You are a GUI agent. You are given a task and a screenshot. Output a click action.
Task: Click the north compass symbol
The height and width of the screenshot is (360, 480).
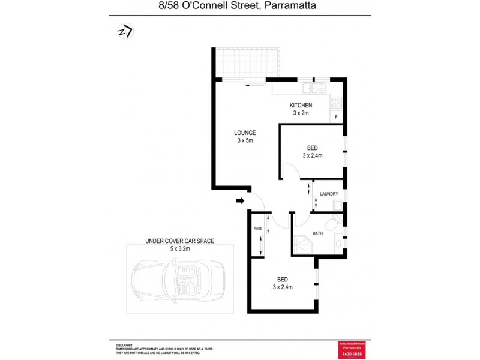(x=124, y=31)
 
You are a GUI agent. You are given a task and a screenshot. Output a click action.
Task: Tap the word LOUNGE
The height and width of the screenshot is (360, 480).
(x=245, y=133)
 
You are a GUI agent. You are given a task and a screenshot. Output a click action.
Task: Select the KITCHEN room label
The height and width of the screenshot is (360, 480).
(x=301, y=106)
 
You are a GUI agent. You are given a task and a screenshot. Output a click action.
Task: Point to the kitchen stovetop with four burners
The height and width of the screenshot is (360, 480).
(x=336, y=102)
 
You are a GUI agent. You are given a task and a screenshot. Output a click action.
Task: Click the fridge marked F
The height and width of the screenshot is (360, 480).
(x=336, y=117)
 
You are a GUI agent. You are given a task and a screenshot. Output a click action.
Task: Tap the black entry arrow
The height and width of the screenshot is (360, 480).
(x=240, y=201)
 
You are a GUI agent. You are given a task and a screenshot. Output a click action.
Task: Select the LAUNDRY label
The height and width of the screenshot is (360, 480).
(x=329, y=194)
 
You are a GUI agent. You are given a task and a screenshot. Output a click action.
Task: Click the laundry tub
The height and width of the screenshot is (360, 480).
(x=338, y=206)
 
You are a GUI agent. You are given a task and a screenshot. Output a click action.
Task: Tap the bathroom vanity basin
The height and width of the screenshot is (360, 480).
(x=339, y=245)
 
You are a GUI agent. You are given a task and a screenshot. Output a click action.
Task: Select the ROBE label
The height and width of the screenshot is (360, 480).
(x=257, y=229)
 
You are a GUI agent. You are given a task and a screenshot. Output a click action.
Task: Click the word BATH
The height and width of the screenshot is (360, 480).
(x=318, y=233)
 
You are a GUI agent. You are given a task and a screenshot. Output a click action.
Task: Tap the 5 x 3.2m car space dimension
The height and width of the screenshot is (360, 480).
(x=179, y=247)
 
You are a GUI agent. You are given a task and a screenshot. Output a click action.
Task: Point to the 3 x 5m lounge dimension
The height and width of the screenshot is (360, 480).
(x=245, y=141)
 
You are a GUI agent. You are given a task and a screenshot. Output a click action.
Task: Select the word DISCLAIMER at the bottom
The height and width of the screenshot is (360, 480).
(x=124, y=345)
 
